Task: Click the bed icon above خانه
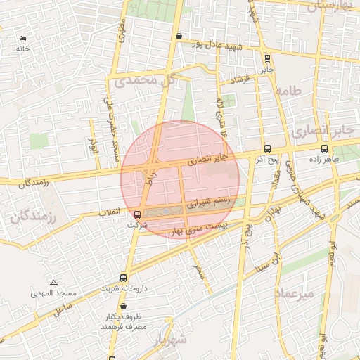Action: click(24, 38)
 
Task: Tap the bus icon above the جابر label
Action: click(266, 58)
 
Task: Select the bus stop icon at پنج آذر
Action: click(267, 148)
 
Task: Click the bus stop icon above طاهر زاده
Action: click(324, 148)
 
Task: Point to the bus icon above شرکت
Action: click(137, 214)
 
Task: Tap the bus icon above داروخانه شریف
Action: click(124, 278)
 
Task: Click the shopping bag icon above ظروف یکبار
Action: click(124, 307)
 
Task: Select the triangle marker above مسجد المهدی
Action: click(53, 281)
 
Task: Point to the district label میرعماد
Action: click(295, 293)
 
